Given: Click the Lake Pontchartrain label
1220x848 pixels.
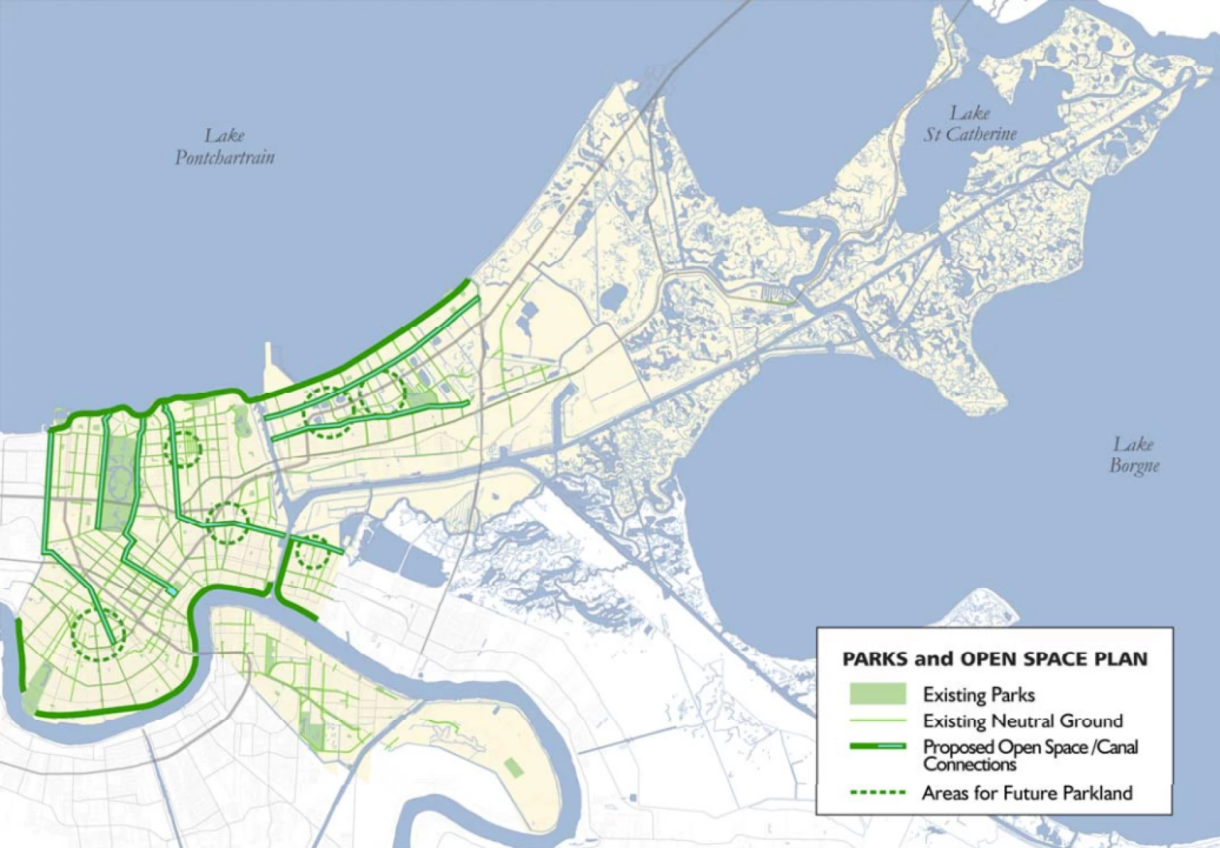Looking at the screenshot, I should pyautogui.click(x=225, y=146).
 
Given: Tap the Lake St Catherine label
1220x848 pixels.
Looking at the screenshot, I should pyautogui.click(x=970, y=123).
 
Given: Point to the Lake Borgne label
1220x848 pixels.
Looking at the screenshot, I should pyautogui.click(x=1134, y=454).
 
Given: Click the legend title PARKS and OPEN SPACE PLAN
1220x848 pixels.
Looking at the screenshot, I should pyautogui.click(x=995, y=659).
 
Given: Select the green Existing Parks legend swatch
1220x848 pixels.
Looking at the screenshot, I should pyautogui.click(x=878, y=694).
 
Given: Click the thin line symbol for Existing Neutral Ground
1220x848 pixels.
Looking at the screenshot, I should pyautogui.click(x=878, y=721).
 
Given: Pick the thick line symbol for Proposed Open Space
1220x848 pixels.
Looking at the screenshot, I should pyautogui.click(x=878, y=746).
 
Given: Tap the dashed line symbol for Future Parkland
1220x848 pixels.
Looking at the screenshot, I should pyautogui.click(x=878, y=793).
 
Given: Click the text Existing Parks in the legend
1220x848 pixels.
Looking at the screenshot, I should pyautogui.click(x=979, y=695).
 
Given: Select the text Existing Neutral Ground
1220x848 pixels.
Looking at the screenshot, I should pyautogui.click(x=1022, y=721).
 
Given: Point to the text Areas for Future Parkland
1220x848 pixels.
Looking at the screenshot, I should pyautogui.click(x=1027, y=793).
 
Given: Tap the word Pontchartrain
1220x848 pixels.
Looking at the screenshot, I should pyautogui.click(x=225, y=158).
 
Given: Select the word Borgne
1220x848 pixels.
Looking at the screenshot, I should pyautogui.click(x=1135, y=466).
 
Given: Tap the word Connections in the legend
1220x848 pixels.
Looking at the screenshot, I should pyautogui.click(x=969, y=764).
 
